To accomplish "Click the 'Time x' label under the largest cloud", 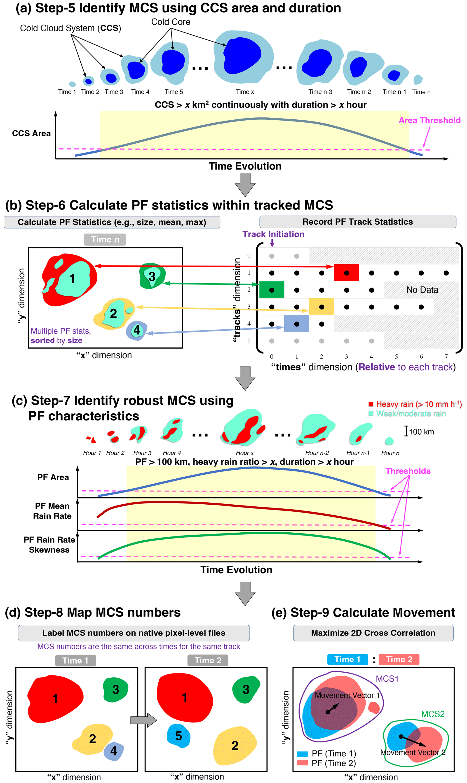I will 245,92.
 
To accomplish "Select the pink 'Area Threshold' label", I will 429,120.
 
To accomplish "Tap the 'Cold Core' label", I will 171,22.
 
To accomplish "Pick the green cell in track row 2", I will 272,290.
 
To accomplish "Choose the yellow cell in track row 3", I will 321,307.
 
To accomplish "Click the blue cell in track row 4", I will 296,324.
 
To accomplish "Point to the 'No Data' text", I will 422,290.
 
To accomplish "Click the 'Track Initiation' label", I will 273,234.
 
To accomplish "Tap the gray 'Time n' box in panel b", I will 105,240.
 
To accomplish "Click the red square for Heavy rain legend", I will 371,404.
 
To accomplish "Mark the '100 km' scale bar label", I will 421,432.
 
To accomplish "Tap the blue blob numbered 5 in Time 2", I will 178,736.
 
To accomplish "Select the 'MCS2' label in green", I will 433,714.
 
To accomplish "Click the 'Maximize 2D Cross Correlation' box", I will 373,633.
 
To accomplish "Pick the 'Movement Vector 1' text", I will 347,695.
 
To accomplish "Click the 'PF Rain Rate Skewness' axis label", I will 49,545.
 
